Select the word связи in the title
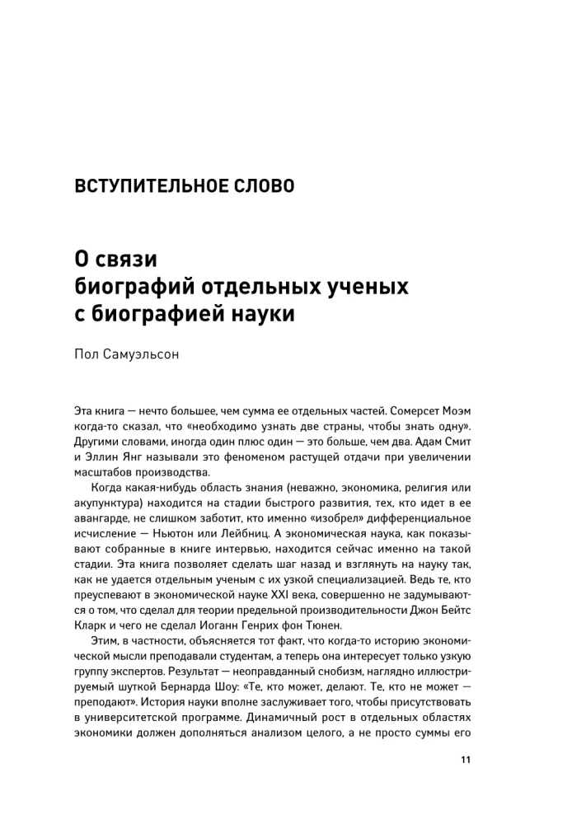pos(127,260)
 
